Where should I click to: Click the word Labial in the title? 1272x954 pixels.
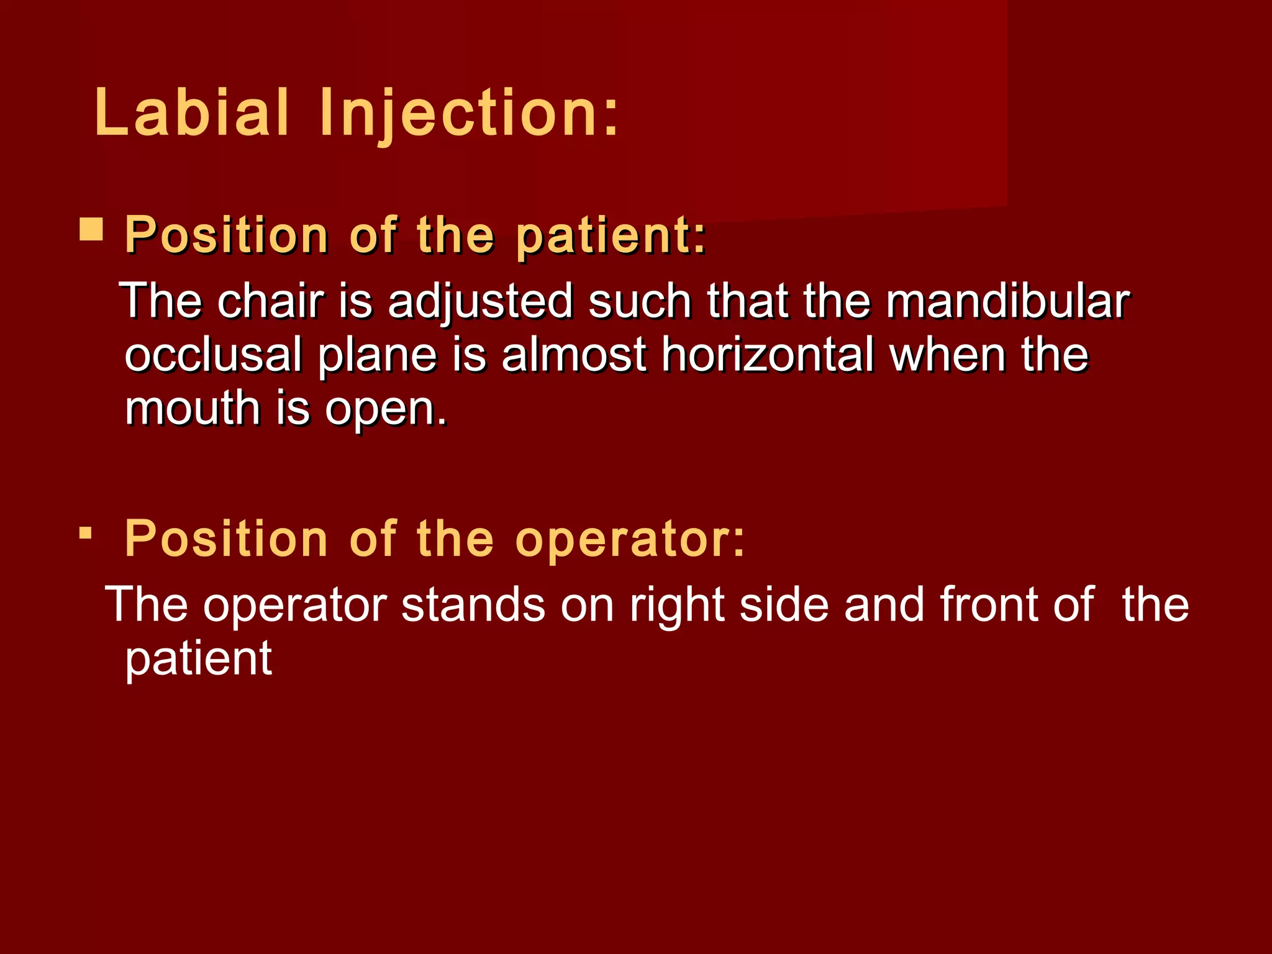191,112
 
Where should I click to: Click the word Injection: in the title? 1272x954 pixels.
469,114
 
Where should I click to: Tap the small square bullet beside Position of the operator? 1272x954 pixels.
86,533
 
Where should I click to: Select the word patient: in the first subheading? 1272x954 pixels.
611,236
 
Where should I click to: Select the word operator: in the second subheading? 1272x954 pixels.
630,538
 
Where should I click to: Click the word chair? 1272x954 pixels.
271,301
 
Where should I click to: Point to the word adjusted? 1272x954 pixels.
480,302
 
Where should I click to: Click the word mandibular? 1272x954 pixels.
1007,301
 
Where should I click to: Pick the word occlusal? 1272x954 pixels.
213,355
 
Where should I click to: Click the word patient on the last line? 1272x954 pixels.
198,660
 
